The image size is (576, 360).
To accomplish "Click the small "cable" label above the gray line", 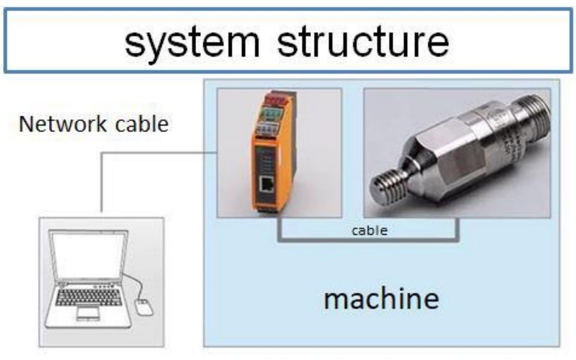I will [369, 230].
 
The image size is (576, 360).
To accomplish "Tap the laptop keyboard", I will [88, 297].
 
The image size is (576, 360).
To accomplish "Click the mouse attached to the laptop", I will [144, 308].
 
